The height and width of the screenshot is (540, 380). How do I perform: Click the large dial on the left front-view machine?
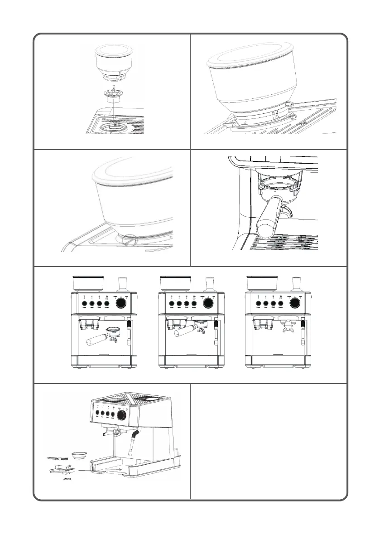click(x=122, y=304)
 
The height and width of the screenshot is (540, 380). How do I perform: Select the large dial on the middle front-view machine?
click(x=209, y=304)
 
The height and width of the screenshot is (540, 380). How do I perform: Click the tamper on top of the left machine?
click(x=123, y=283)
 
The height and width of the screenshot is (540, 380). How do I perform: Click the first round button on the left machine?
click(x=83, y=304)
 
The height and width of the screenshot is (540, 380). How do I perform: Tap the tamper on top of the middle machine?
click(x=210, y=283)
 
